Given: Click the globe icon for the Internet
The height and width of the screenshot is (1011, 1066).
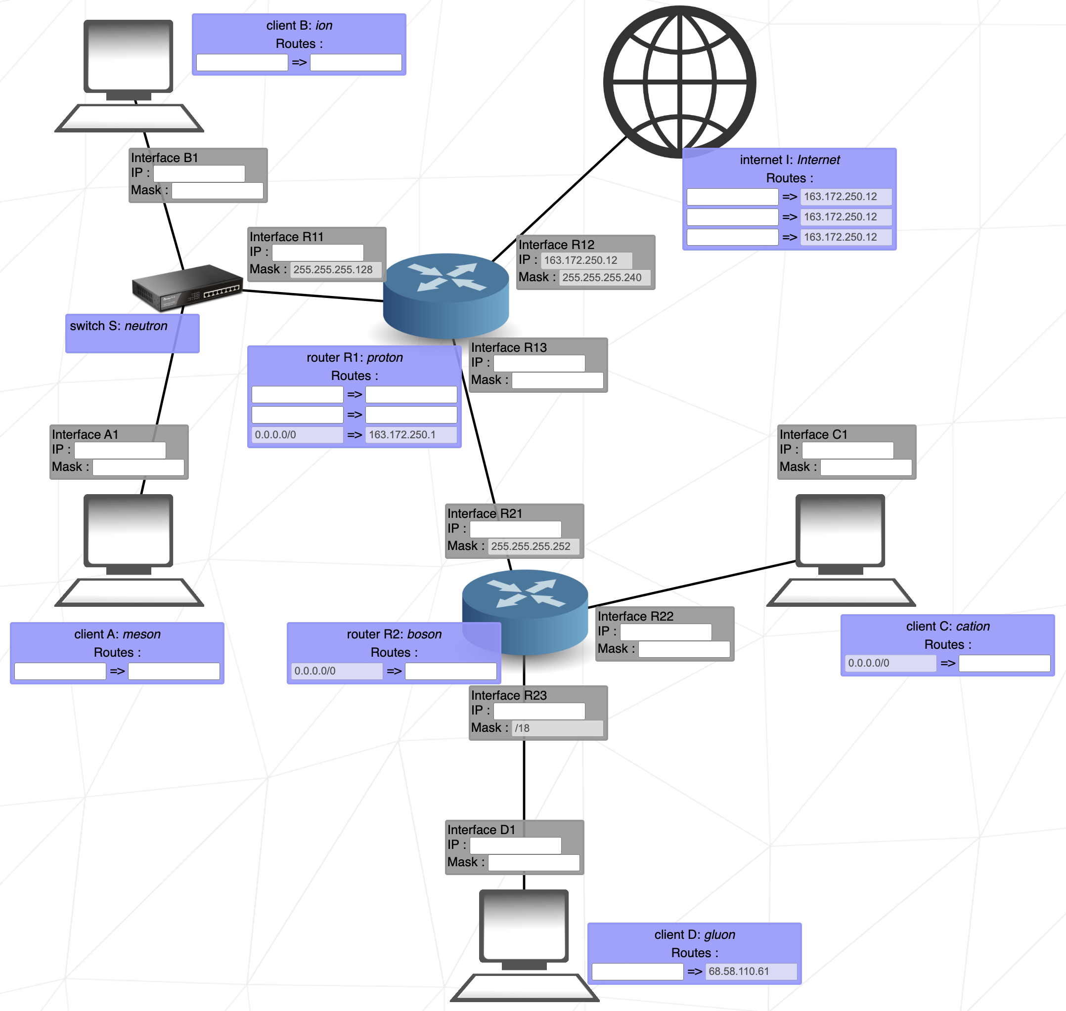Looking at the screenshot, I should pyautogui.click(x=679, y=82).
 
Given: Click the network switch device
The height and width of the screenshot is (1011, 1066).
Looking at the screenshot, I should pyautogui.click(x=187, y=287).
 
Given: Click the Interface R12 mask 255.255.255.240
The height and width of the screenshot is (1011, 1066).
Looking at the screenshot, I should pyautogui.click(x=604, y=278).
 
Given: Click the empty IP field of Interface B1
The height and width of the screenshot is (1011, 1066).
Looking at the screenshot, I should pyautogui.click(x=199, y=173).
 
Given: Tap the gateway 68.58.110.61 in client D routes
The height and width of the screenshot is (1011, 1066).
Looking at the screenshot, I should pyautogui.click(x=751, y=971).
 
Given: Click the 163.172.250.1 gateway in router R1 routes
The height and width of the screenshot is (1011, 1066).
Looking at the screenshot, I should pyautogui.click(x=410, y=435).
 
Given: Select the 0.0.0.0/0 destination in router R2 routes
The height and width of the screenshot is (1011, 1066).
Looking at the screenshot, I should pyautogui.click(x=336, y=671).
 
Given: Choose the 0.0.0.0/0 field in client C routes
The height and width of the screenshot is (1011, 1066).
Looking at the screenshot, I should pyautogui.click(x=890, y=663).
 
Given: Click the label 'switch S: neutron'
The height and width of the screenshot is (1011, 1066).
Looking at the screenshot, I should pyautogui.click(x=119, y=326).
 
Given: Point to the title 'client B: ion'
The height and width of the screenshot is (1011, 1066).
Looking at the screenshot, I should pyautogui.click(x=299, y=25).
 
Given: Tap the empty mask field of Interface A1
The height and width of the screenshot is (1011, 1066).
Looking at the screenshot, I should pyautogui.click(x=138, y=467).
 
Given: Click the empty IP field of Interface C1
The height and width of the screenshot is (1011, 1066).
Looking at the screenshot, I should pyautogui.click(x=847, y=450).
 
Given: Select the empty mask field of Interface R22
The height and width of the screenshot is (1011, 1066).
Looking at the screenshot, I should pyautogui.click(x=684, y=649).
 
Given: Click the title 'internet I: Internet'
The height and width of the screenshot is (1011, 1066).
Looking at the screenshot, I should pyautogui.click(x=790, y=160).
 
